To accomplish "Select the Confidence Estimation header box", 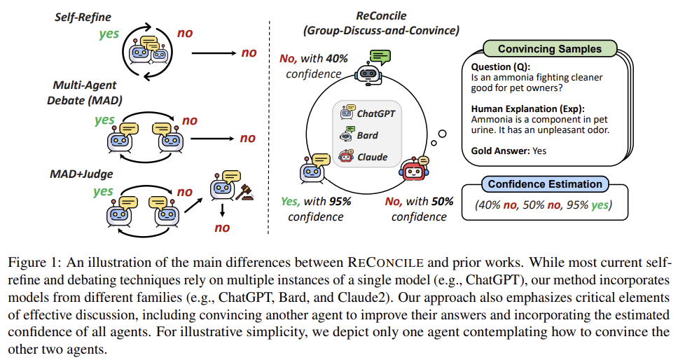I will [545, 185].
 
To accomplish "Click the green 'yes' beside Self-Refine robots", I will [109, 33].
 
